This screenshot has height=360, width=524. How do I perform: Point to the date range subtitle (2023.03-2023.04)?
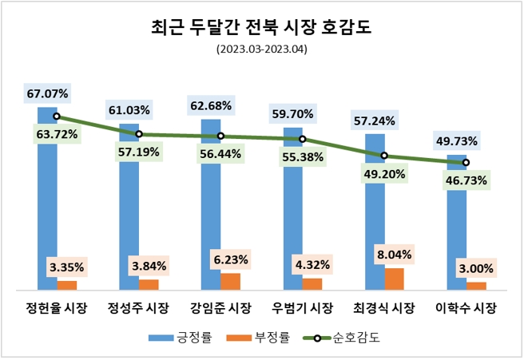point(261,49)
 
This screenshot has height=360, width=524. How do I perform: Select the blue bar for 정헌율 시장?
point(47,200)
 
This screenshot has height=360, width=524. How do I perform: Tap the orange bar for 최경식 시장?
point(395,279)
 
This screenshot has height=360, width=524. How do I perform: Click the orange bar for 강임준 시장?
point(230,281)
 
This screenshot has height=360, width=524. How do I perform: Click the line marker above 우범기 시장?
point(303,139)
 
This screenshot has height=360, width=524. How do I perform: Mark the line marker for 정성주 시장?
point(139,134)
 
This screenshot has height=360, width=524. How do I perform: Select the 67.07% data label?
point(48,94)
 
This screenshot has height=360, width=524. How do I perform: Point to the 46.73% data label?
point(466,181)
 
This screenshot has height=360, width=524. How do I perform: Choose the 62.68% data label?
point(211,105)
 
